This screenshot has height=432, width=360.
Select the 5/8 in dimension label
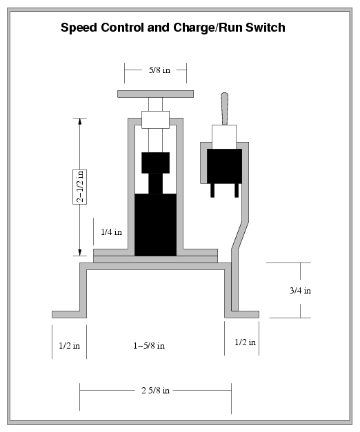click(155, 69)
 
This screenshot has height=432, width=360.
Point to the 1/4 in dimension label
click(111, 232)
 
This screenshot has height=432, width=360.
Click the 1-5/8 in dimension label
click(148, 345)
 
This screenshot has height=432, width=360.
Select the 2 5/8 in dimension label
click(155, 390)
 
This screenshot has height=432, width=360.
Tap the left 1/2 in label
click(68, 342)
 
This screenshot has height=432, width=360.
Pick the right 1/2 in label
click(245, 342)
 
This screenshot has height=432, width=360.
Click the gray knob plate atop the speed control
click(154, 94)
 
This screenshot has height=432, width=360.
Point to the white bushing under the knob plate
click(155, 119)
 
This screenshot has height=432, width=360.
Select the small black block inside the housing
click(155, 163)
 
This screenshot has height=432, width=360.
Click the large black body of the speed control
click(155, 224)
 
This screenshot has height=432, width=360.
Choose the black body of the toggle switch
click(224, 165)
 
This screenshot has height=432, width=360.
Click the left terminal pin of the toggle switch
click(213, 190)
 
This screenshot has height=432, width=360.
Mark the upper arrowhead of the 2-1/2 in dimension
click(80, 122)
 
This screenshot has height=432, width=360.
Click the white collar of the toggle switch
click(224, 136)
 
